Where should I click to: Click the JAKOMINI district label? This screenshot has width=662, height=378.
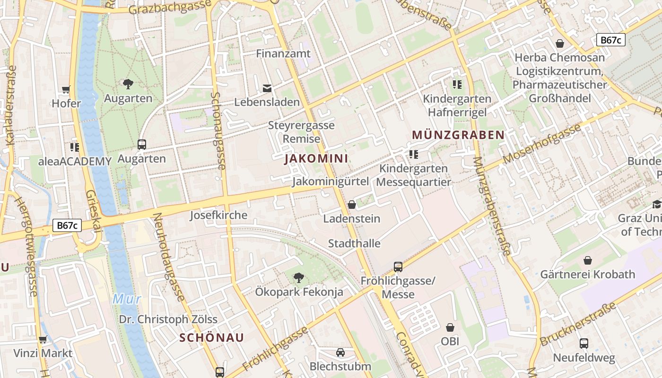click(316, 159)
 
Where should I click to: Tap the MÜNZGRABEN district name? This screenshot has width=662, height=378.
click(458, 135)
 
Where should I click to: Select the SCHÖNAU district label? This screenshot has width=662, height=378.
click(211, 337)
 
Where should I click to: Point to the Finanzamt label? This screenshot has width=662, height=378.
click(283, 54)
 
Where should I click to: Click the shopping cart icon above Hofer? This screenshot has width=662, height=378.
click(66, 90)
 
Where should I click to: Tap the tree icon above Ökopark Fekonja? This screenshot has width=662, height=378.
click(298, 278)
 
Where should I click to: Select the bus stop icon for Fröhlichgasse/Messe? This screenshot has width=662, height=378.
click(398, 267)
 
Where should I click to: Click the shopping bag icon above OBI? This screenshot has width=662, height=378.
click(450, 327)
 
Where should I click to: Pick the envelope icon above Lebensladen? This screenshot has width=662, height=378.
click(267, 88)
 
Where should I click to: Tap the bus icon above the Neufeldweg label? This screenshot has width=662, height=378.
click(584, 344)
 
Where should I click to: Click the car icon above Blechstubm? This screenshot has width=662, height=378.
click(340, 352)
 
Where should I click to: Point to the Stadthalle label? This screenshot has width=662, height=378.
click(354, 244)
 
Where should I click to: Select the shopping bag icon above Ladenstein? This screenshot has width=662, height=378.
click(351, 205)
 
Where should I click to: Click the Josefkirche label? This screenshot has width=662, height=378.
click(218, 215)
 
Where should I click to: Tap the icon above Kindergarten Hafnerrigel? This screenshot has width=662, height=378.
click(457, 85)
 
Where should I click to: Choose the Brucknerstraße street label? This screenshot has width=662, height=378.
click(578, 324)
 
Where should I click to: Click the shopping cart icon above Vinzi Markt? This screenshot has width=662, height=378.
click(43, 339)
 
